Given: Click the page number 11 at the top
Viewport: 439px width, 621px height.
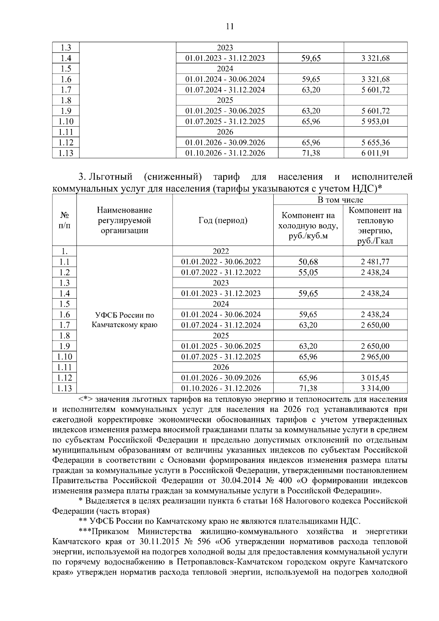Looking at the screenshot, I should click(230, 26).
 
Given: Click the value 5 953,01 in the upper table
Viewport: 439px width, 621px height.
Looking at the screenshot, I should click(375, 121).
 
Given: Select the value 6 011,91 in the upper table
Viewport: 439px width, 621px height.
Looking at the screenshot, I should click(375, 153).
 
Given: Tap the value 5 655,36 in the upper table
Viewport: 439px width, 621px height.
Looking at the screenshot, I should click(375, 142).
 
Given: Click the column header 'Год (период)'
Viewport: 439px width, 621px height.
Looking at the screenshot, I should click(223, 220).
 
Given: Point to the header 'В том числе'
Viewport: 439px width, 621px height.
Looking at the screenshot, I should click(340, 199).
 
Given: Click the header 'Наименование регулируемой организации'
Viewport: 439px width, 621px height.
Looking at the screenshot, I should click(124, 220).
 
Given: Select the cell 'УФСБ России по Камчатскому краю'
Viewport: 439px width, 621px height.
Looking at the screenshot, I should click(124, 320).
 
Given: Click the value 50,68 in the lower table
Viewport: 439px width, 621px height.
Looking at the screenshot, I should click(308, 262).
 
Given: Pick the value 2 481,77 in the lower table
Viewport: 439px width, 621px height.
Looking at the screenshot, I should click(375, 262).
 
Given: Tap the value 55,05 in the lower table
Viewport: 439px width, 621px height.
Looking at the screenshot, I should click(308, 272).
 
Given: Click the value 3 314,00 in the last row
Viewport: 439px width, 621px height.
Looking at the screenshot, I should click(375, 388).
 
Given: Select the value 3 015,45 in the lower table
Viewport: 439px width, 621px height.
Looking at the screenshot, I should click(375, 378).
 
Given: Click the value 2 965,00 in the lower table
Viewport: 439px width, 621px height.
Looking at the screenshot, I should click(375, 357).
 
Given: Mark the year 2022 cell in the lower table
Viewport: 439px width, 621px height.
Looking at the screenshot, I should click(221, 251).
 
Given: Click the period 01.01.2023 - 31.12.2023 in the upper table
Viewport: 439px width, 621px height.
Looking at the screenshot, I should click(225, 58).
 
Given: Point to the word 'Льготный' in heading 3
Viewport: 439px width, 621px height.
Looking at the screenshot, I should click(110, 177).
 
